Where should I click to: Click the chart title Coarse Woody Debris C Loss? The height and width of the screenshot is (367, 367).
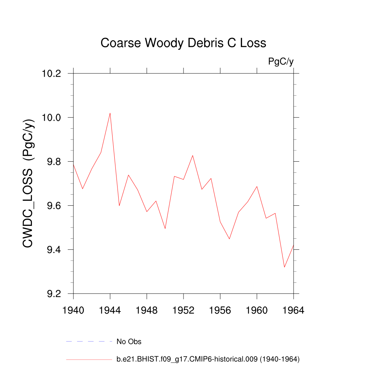[183, 43]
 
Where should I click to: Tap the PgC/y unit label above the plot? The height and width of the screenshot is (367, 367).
[281, 62]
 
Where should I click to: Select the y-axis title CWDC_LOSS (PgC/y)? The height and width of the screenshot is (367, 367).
[29, 183]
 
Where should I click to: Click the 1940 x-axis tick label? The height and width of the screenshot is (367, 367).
[73, 310]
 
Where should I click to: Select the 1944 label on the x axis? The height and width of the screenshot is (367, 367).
[110, 310]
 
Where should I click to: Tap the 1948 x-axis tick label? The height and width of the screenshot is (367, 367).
[147, 310]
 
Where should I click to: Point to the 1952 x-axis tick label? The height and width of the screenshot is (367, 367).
[183, 310]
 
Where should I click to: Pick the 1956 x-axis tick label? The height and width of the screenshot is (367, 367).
[220, 310]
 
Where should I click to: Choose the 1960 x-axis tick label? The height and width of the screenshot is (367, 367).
[257, 310]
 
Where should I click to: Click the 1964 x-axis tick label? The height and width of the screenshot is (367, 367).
[294, 310]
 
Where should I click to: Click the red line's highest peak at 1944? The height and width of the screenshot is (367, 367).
[110, 113]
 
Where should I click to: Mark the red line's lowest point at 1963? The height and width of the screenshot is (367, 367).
[284, 267]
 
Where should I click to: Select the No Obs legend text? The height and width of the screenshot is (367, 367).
[129, 342]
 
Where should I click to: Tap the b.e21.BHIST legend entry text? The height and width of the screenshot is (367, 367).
[208, 359]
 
